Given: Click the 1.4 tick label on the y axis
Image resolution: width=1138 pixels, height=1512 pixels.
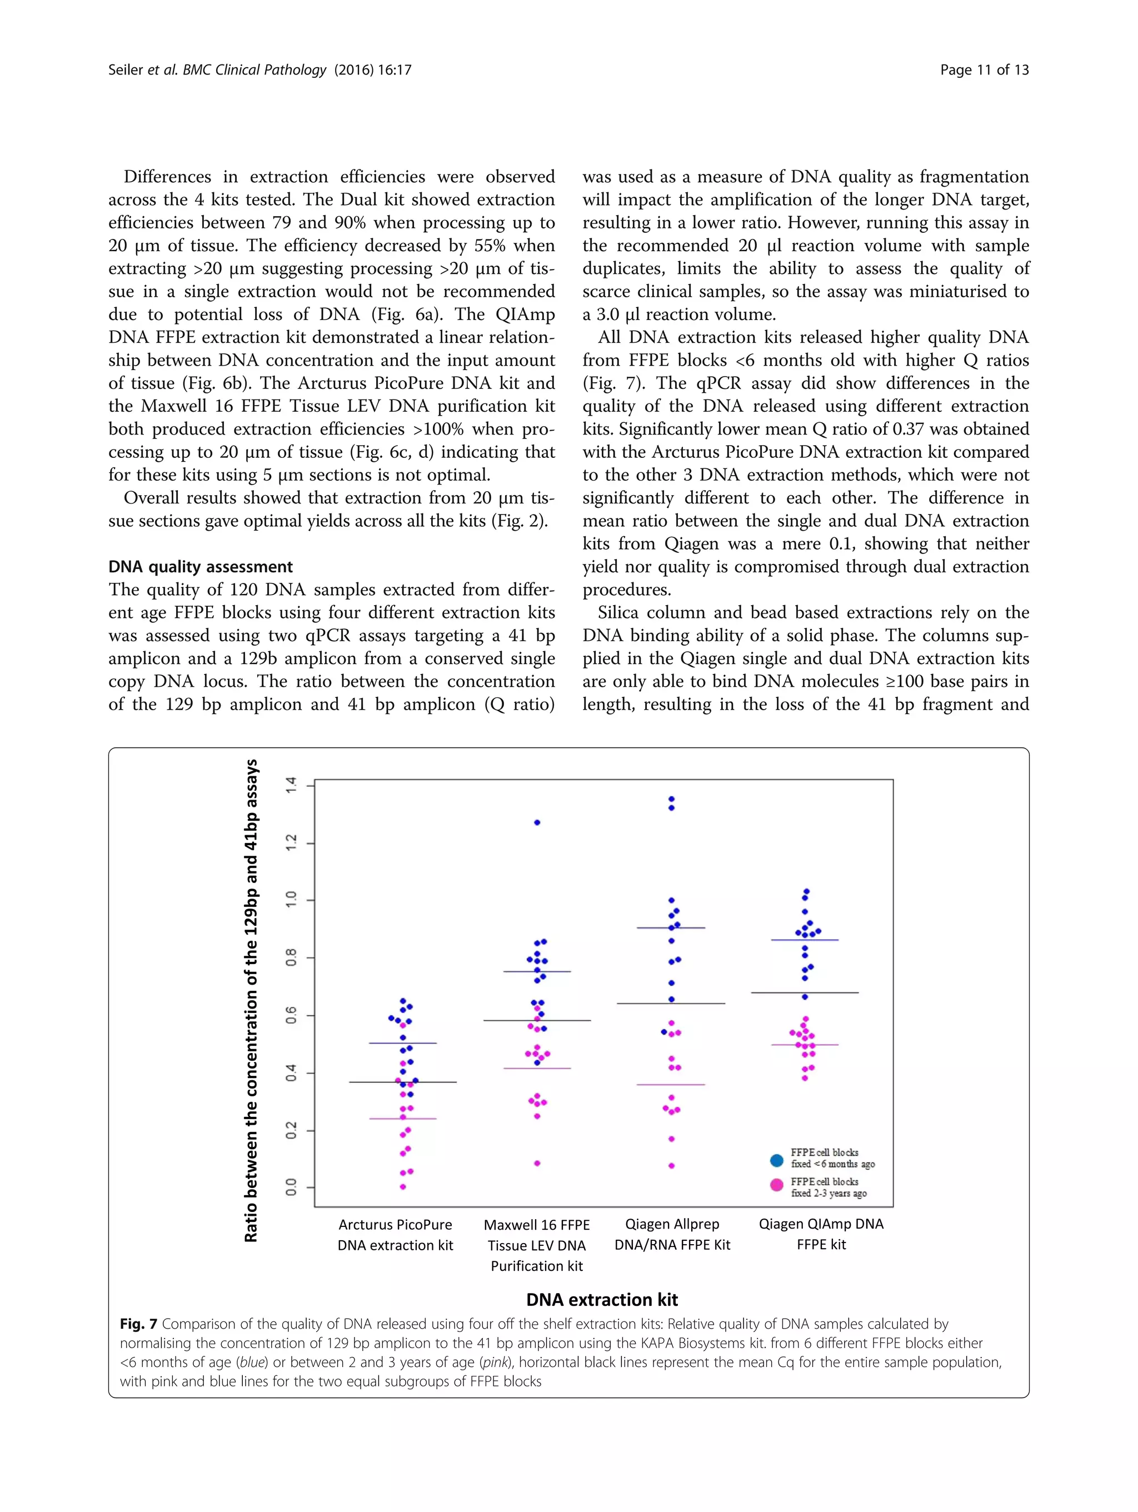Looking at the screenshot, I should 292,785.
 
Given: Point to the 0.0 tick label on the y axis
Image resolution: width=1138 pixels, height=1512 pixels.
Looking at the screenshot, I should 292,1187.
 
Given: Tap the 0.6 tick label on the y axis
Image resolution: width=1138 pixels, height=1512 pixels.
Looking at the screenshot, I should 292,1015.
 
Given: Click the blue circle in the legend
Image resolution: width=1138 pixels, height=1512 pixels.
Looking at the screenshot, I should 776,1160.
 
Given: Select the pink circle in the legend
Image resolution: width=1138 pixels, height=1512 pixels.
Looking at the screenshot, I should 776,1185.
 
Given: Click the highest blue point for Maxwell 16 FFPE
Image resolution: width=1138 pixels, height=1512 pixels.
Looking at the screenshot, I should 537,822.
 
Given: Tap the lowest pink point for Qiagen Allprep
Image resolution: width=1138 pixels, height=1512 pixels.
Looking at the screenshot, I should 671,1165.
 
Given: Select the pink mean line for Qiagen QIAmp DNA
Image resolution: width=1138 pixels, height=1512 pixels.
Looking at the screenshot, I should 805,1045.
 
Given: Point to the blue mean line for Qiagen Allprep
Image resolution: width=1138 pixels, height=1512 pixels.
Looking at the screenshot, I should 671,927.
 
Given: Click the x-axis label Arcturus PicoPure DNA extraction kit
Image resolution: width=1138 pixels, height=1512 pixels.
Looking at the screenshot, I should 395,1235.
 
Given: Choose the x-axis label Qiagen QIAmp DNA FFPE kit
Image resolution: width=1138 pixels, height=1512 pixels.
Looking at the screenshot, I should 821,1234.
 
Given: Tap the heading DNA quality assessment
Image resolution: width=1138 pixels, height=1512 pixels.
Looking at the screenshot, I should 200,567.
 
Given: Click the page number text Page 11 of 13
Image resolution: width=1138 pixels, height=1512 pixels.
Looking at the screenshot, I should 984,69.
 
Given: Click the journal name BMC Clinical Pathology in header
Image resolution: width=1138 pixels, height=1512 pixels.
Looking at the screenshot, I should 254,69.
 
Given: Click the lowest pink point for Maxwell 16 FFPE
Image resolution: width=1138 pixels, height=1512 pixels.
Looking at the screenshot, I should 537,1162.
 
